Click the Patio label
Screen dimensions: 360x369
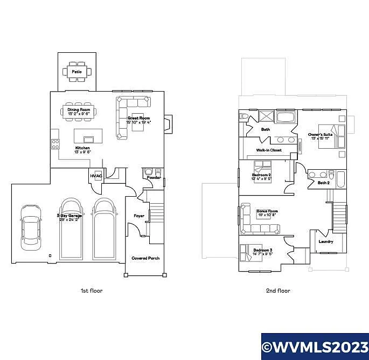(x=77, y=72)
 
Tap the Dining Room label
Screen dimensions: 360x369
(x=79, y=110)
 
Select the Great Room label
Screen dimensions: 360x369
(x=139, y=118)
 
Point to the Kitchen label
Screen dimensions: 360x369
(x=82, y=148)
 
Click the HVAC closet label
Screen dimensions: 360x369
(x=96, y=176)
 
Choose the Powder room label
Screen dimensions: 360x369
(x=154, y=177)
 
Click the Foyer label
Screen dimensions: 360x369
(x=139, y=216)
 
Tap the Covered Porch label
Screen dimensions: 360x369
(x=145, y=258)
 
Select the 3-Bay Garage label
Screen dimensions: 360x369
(x=71, y=216)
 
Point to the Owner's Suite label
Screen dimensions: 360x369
(x=319, y=134)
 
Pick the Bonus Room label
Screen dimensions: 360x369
(x=267, y=211)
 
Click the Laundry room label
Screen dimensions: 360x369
(x=325, y=241)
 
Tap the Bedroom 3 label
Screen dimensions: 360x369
(x=263, y=251)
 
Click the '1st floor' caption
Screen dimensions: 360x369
(x=92, y=290)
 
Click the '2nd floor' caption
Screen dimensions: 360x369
(x=278, y=290)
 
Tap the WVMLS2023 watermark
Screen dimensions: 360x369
(x=315, y=346)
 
